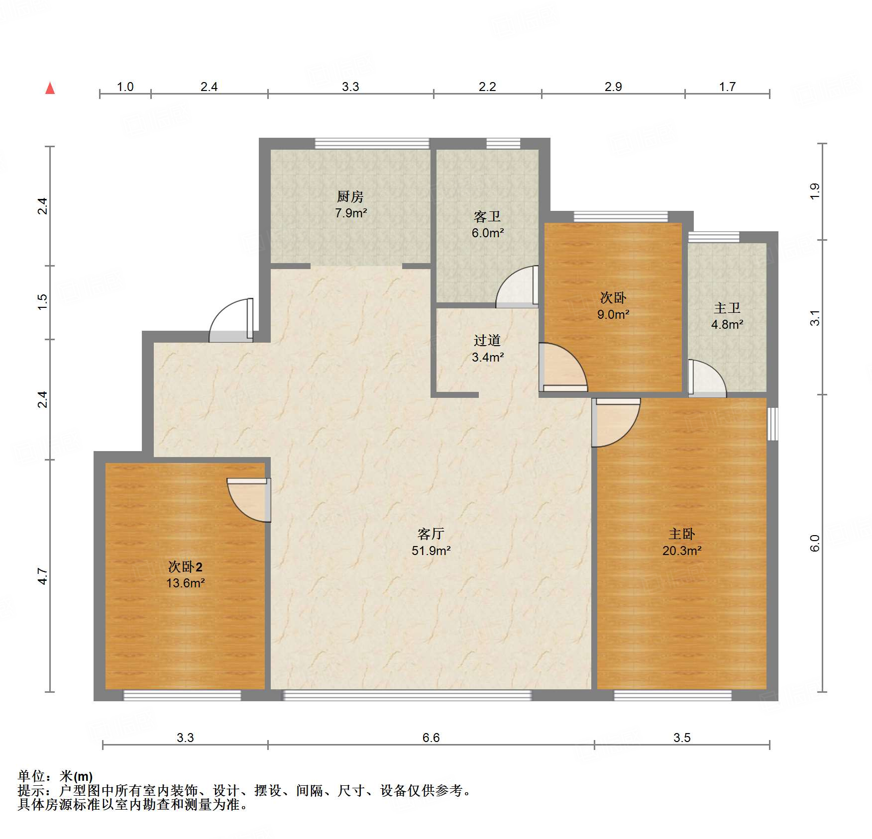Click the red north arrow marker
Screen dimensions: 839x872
pyautogui.click(x=50, y=89)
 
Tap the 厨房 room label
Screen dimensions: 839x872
pyautogui.click(x=350, y=197)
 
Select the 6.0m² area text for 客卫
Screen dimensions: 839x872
pyautogui.click(x=488, y=233)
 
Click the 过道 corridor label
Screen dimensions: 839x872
pyautogui.click(x=487, y=341)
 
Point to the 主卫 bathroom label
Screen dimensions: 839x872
pyautogui.click(x=727, y=308)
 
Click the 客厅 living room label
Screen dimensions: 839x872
pyautogui.click(x=431, y=534)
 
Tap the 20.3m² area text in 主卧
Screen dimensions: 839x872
pyautogui.click(x=682, y=551)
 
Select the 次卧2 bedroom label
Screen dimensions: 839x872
pyautogui.click(x=185, y=567)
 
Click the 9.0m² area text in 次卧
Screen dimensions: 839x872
pyautogui.click(x=613, y=315)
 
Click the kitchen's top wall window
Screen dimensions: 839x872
pyautogui.click(x=372, y=143)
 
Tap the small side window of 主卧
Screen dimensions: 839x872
pyautogui.click(x=772, y=424)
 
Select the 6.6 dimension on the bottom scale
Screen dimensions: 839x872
pyautogui.click(x=431, y=738)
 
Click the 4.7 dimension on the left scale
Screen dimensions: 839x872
pyautogui.click(x=43, y=576)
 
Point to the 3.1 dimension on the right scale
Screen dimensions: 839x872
pyautogui.click(x=815, y=318)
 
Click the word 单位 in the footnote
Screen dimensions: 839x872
pyautogui.click(x=31, y=776)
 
